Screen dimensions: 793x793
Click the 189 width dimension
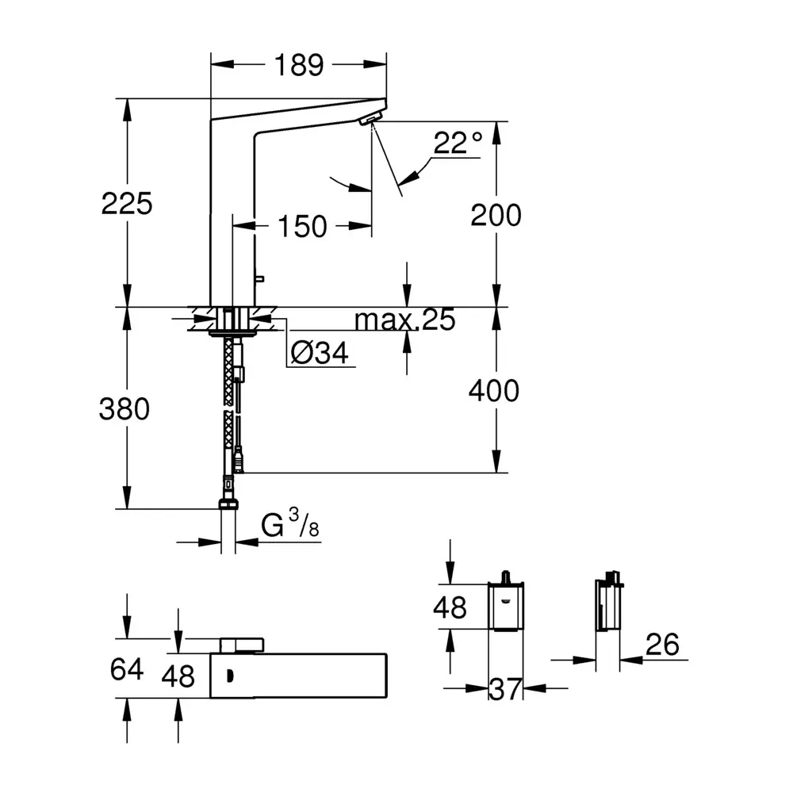299,66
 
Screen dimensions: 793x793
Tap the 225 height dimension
127,204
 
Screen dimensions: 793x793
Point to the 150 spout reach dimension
301,227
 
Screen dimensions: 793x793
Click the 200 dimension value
496,215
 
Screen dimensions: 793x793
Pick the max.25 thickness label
404,320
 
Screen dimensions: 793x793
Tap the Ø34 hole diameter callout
320,354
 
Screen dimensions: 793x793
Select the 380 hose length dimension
125,409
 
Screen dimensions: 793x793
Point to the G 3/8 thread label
289,526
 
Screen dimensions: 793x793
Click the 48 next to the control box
450,607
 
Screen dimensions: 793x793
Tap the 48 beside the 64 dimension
178,676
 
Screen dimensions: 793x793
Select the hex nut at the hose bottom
228,505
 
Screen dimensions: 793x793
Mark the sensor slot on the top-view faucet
229,676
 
